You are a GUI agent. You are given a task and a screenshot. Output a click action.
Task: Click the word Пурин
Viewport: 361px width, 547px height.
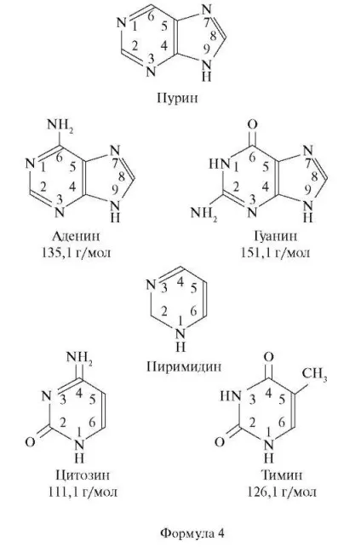177,98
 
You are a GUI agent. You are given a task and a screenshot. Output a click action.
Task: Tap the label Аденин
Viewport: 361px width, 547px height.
76,236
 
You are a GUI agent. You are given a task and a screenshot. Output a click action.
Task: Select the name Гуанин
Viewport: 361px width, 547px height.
275,236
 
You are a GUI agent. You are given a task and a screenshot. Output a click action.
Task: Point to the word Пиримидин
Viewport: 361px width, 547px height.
184,366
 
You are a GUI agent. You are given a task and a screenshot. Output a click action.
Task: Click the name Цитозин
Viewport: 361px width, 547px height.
83,475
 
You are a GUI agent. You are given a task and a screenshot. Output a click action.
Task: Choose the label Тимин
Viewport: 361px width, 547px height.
282,475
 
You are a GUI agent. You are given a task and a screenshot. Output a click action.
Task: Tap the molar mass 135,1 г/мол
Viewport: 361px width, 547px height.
77,252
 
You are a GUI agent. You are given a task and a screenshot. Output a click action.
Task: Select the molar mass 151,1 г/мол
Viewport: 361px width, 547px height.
275,252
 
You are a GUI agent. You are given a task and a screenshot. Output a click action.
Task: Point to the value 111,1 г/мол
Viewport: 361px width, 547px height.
83,492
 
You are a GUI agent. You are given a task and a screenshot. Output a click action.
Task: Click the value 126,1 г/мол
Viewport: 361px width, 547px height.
282,492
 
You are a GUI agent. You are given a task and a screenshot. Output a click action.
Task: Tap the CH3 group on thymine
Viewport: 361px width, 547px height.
314,374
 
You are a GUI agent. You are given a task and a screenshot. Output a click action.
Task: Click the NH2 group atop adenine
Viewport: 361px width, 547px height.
60,125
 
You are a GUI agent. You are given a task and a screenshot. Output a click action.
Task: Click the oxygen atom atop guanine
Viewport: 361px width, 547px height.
253,125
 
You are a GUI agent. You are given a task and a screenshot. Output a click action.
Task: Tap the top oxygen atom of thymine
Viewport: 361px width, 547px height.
269,357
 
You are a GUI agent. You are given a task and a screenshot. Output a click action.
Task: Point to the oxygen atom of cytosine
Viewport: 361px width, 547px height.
31,442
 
